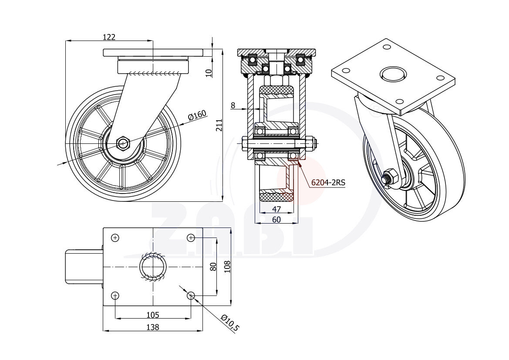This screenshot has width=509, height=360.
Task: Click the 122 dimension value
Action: click(x=109, y=37)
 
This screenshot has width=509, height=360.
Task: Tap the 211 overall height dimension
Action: click(x=219, y=126)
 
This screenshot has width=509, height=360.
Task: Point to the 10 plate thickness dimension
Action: click(x=209, y=73)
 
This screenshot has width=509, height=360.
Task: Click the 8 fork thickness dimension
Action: click(x=233, y=105)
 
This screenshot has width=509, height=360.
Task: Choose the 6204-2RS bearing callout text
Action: click(x=328, y=183)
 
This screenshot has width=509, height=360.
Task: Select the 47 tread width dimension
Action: click(x=276, y=209)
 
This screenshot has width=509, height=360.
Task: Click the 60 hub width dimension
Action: click(x=276, y=220)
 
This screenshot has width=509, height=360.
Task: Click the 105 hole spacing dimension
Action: click(x=152, y=315)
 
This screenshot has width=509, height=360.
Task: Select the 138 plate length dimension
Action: click(x=152, y=327)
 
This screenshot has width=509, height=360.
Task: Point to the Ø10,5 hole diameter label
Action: click(x=230, y=323)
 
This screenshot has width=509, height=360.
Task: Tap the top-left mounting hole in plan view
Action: click(x=115, y=238)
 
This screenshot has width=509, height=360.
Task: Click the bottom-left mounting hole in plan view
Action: click(x=115, y=296)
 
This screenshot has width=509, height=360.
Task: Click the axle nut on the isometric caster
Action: click(x=391, y=177)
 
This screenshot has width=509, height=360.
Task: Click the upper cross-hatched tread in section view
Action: click(x=276, y=90)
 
